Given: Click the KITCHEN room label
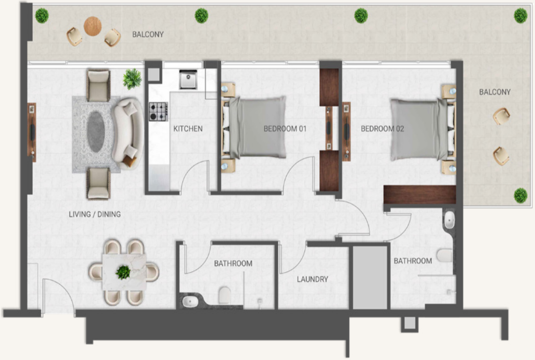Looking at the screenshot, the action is pos(188,129).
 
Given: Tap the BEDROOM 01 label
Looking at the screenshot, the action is pos(285,129).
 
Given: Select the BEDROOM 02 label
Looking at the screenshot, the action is pos(382,129).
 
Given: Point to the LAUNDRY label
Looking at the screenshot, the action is pos(313,279).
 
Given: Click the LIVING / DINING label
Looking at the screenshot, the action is pos(95,214).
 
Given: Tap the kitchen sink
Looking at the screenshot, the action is pos(188,79).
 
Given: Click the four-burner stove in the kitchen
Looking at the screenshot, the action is pos(158,112).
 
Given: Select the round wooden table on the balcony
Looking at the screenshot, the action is pos(93,26).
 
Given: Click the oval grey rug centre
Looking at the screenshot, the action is pos(96,132).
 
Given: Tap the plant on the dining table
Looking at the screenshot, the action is pos(123,272).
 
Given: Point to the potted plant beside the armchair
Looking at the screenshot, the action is pos(132,79).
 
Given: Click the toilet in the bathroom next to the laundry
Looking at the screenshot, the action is pos(225,295).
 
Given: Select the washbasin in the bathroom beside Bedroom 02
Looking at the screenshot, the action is pos(449,220).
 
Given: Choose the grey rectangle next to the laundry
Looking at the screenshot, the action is pos(369,277).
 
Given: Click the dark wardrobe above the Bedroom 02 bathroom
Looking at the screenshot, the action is pos(420,195).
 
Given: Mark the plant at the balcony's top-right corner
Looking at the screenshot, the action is pos(521,16).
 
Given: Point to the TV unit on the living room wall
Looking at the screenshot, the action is pos(32,133).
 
